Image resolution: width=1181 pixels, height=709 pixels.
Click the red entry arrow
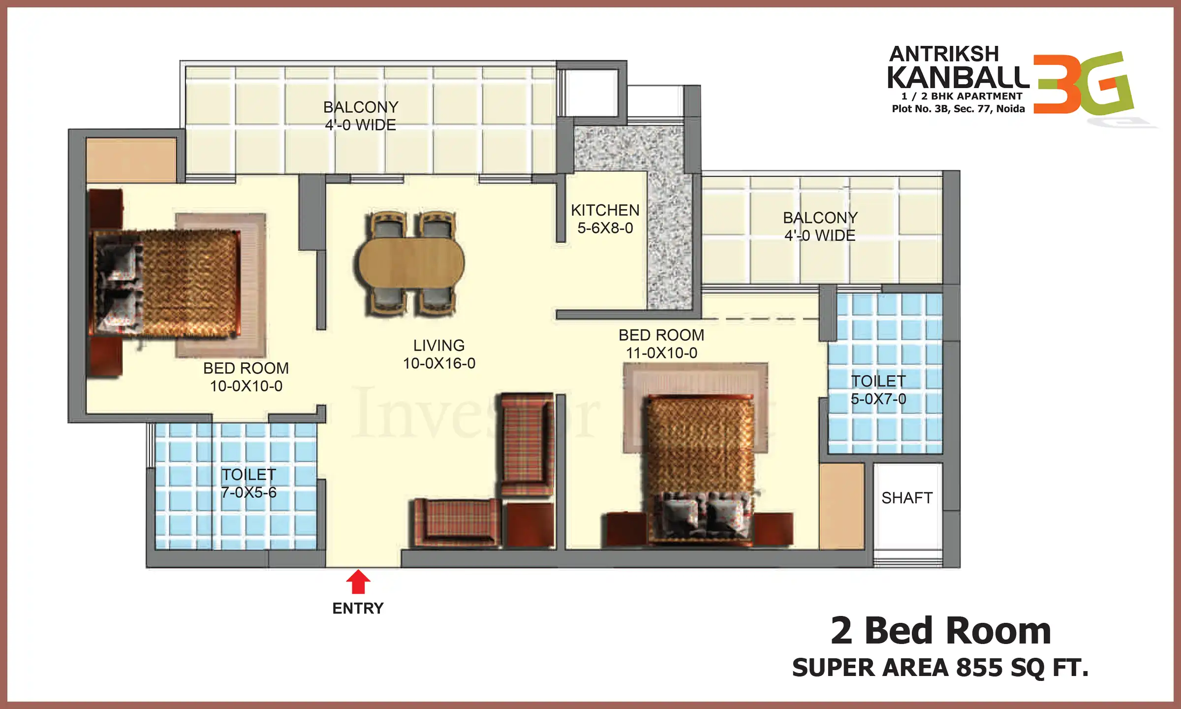pyautogui.click(x=358, y=582)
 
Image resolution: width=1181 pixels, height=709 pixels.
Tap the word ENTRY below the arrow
pyautogui.click(x=358, y=609)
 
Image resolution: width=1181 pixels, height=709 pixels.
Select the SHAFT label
pyautogui.click(x=907, y=498)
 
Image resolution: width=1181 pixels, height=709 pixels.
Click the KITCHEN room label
pyautogui.click(x=605, y=210)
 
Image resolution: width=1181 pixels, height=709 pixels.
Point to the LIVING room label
pyautogui.click(x=438, y=345)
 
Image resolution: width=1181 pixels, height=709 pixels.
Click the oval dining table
pyautogui.click(x=411, y=263)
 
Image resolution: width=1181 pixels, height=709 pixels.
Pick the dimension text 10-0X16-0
pyautogui.click(x=439, y=363)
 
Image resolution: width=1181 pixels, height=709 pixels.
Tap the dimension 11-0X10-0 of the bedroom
pyautogui.click(x=661, y=353)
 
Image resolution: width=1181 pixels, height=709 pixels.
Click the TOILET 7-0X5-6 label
pyautogui.click(x=249, y=483)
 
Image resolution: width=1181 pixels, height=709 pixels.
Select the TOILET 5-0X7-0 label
pyautogui.click(x=878, y=390)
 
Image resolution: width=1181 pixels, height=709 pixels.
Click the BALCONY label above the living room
pyautogui.click(x=361, y=107)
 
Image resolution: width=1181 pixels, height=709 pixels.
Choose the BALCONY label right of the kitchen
pyautogui.click(x=820, y=218)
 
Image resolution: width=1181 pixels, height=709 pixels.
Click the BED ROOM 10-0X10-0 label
pyautogui.click(x=246, y=377)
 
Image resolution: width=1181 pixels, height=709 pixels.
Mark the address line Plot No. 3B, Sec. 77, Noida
pyautogui.click(x=958, y=109)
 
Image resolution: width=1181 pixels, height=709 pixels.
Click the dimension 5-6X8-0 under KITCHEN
pyautogui.click(x=605, y=228)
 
